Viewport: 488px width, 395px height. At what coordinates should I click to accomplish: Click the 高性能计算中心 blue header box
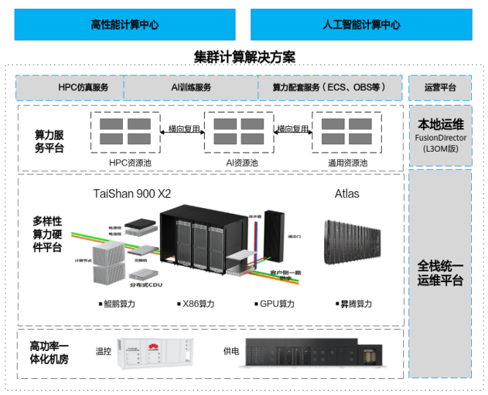[125, 24]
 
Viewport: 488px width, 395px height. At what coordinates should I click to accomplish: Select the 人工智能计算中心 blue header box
[361, 24]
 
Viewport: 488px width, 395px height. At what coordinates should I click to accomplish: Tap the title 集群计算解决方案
[244, 57]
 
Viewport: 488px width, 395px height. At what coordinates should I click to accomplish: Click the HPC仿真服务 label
[83, 87]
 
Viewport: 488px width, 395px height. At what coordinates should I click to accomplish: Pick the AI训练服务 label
[191, 87]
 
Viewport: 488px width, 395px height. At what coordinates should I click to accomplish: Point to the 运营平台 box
[440, 87]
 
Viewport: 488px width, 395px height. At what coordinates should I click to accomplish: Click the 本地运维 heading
[440, 124]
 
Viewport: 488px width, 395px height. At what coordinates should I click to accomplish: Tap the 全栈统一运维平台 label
[440, 273]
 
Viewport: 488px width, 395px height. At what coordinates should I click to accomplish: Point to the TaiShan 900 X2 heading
[132, 194]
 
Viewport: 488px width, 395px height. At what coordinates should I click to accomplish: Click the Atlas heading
[347, 194]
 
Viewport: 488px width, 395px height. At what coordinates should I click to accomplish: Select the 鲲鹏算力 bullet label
[120, 303]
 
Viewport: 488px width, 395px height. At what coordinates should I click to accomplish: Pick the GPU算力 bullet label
[277, 303]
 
